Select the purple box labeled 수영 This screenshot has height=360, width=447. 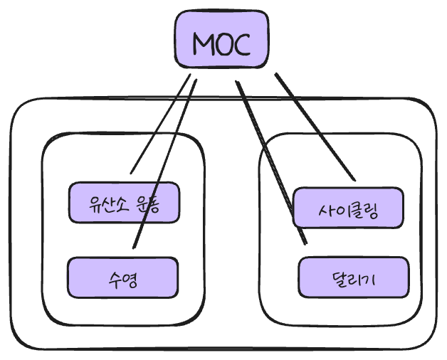tap(122, 277)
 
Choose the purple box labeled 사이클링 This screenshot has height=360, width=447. tap(349, 208)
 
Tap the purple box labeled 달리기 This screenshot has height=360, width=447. tap(354, 277)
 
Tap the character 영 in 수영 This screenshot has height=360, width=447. tap(130, 278)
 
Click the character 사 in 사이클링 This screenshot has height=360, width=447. tap(326, 211)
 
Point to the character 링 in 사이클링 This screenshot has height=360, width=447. tap(372, 211)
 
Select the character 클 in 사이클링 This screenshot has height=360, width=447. tap(357, 211)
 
